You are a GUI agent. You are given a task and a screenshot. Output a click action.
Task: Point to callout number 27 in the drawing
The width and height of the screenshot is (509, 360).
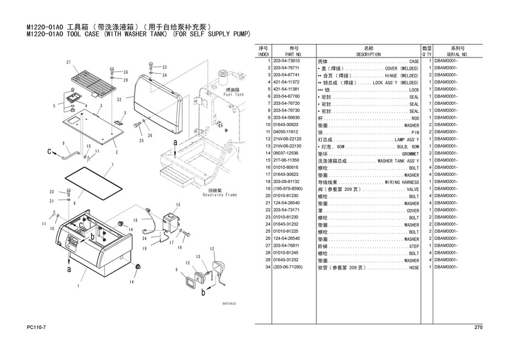(68, 63)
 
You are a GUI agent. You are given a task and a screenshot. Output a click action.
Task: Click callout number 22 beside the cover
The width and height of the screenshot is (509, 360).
(119, 99)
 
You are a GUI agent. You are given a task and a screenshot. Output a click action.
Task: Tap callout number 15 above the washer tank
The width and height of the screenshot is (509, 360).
(178, 205)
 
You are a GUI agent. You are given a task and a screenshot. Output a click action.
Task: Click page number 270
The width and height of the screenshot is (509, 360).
(477, 328)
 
